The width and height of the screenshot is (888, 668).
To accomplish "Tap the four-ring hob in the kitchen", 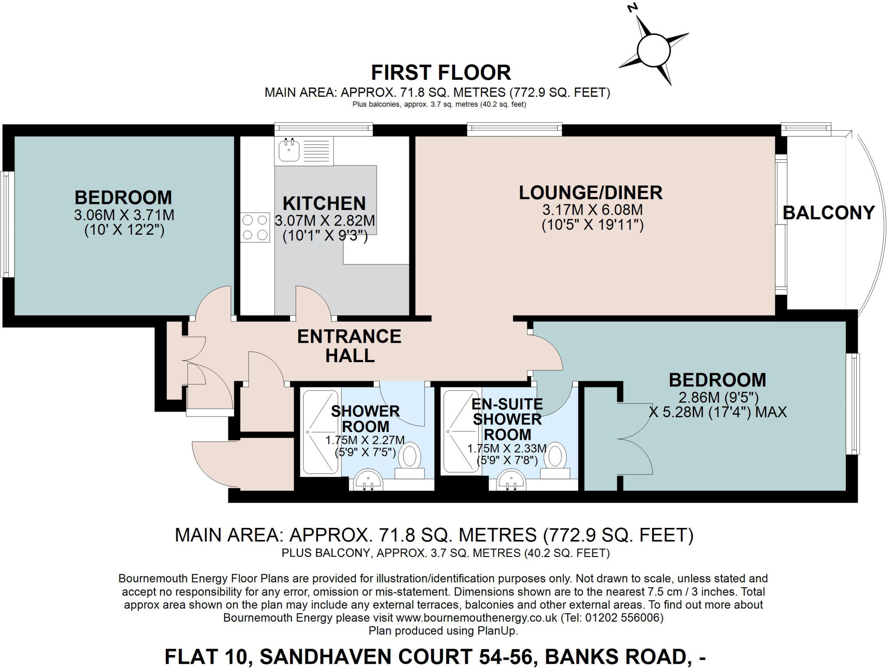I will tap(255, 228).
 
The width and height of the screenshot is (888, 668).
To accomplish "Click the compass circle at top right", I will tap(653, 51).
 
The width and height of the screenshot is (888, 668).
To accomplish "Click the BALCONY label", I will tap(829, 213).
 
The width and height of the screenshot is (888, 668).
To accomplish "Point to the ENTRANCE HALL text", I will tap(349, 346).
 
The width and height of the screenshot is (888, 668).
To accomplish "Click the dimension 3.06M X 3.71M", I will tap(124, 215).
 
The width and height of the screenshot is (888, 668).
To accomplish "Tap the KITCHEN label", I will tap(324, 203).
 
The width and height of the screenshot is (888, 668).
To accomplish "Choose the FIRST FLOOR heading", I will tap(441, 73).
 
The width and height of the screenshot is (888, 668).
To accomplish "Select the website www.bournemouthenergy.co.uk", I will tap(477, 617).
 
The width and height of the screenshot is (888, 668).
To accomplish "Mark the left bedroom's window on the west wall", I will tap(6, 224).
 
